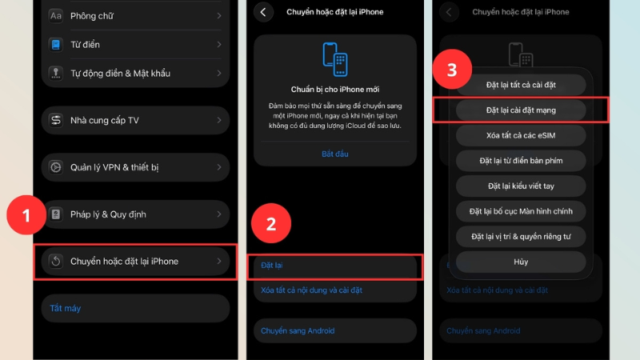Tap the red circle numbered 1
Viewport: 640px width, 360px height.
click(x=26, y=215)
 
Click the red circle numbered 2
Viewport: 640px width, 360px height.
click(x=271, y=223)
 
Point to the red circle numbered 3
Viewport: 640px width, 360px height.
click(x=452, y=70)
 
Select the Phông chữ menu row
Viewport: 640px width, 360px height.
click(x=135, y=16)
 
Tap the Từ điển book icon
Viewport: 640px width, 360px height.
click(x=56, y=45)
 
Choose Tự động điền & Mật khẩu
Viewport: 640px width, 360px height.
click(x=135, y=74)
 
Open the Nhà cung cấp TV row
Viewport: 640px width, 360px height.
click(x=135, y=121)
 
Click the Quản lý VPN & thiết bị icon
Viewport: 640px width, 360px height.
click(x=56, y=167)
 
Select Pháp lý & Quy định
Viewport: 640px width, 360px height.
click(x=135, y=214)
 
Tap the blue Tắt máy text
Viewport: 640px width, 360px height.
click(x=66, y=308)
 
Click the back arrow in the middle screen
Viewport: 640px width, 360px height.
click(x=264, y=12)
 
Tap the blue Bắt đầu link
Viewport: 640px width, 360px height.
click(x=335, y=154)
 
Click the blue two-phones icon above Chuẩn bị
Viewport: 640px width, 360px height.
click(x=335, y=59)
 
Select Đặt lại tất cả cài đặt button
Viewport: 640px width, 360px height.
click(x=521, y=85)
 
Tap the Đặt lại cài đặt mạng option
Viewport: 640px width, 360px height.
click(x=521, y=110)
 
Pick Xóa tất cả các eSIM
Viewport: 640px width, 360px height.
click(x=521, y=135)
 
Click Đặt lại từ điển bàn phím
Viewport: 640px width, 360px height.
click(x=521, y=161)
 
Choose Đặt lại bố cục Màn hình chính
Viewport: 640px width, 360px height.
click(x=521, y=211)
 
